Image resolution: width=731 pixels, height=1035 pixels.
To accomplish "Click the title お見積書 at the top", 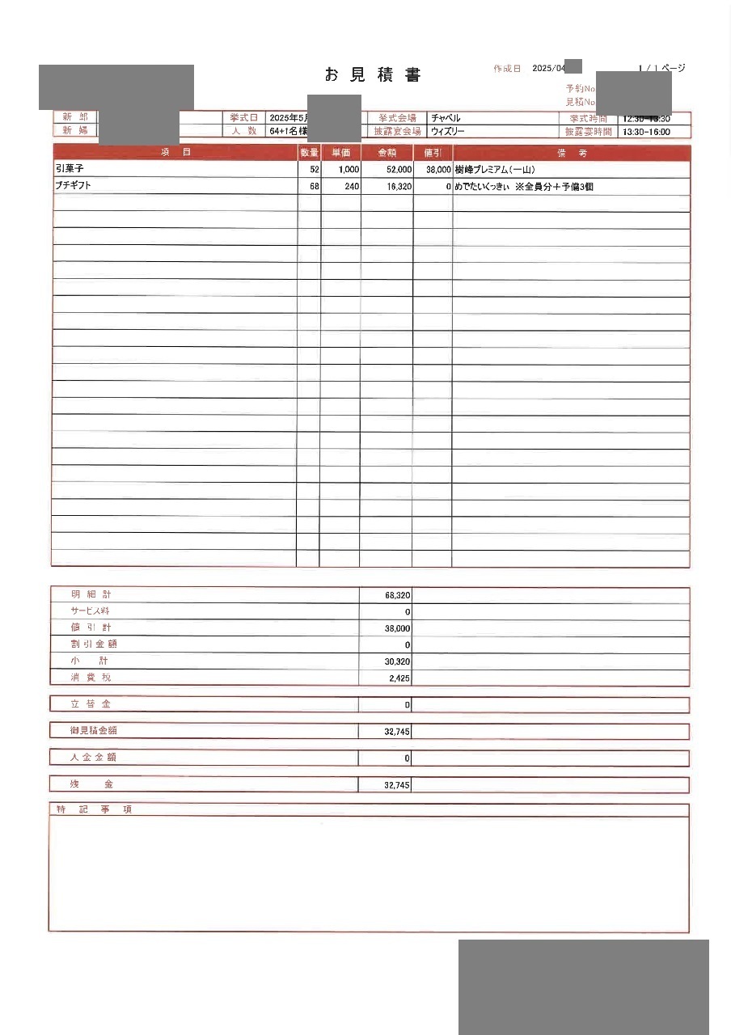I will [373, 75].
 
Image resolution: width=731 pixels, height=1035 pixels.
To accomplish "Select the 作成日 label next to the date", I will [507, 69].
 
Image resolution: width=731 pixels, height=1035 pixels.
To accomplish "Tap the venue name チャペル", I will [446, 118].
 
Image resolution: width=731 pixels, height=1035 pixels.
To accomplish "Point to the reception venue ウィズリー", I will [448, 131].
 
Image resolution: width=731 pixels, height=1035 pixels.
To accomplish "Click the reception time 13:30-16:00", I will [645, 131].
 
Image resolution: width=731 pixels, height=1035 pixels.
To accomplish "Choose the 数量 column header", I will [309, 153].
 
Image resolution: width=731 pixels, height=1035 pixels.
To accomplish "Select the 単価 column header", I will [340, 153].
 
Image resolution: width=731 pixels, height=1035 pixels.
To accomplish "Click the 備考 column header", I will [571, 153].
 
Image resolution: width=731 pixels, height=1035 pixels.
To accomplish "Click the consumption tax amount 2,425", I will [399, 678].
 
